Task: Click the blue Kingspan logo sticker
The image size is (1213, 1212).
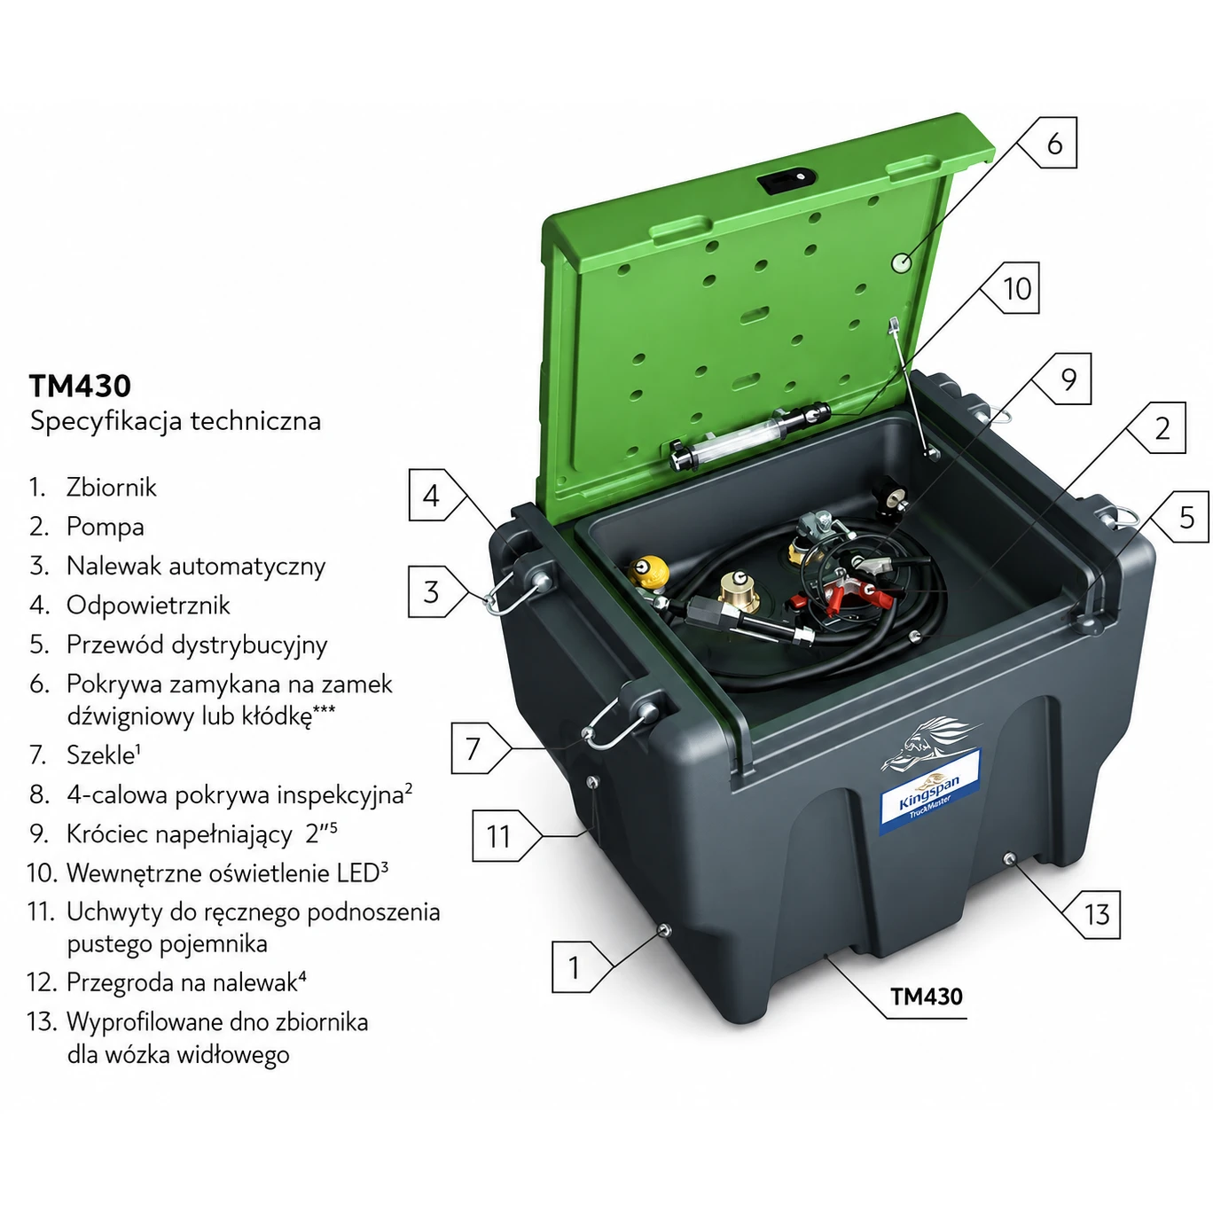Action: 930,792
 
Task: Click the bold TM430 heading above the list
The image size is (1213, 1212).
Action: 80,386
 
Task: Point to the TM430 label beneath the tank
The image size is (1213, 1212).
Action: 926,996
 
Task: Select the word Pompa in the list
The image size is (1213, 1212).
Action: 106,527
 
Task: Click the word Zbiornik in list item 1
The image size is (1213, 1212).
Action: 112,488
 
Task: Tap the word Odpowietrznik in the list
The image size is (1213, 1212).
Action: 148,605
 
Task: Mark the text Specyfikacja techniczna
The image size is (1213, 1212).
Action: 176,421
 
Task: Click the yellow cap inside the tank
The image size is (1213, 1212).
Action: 648,570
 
